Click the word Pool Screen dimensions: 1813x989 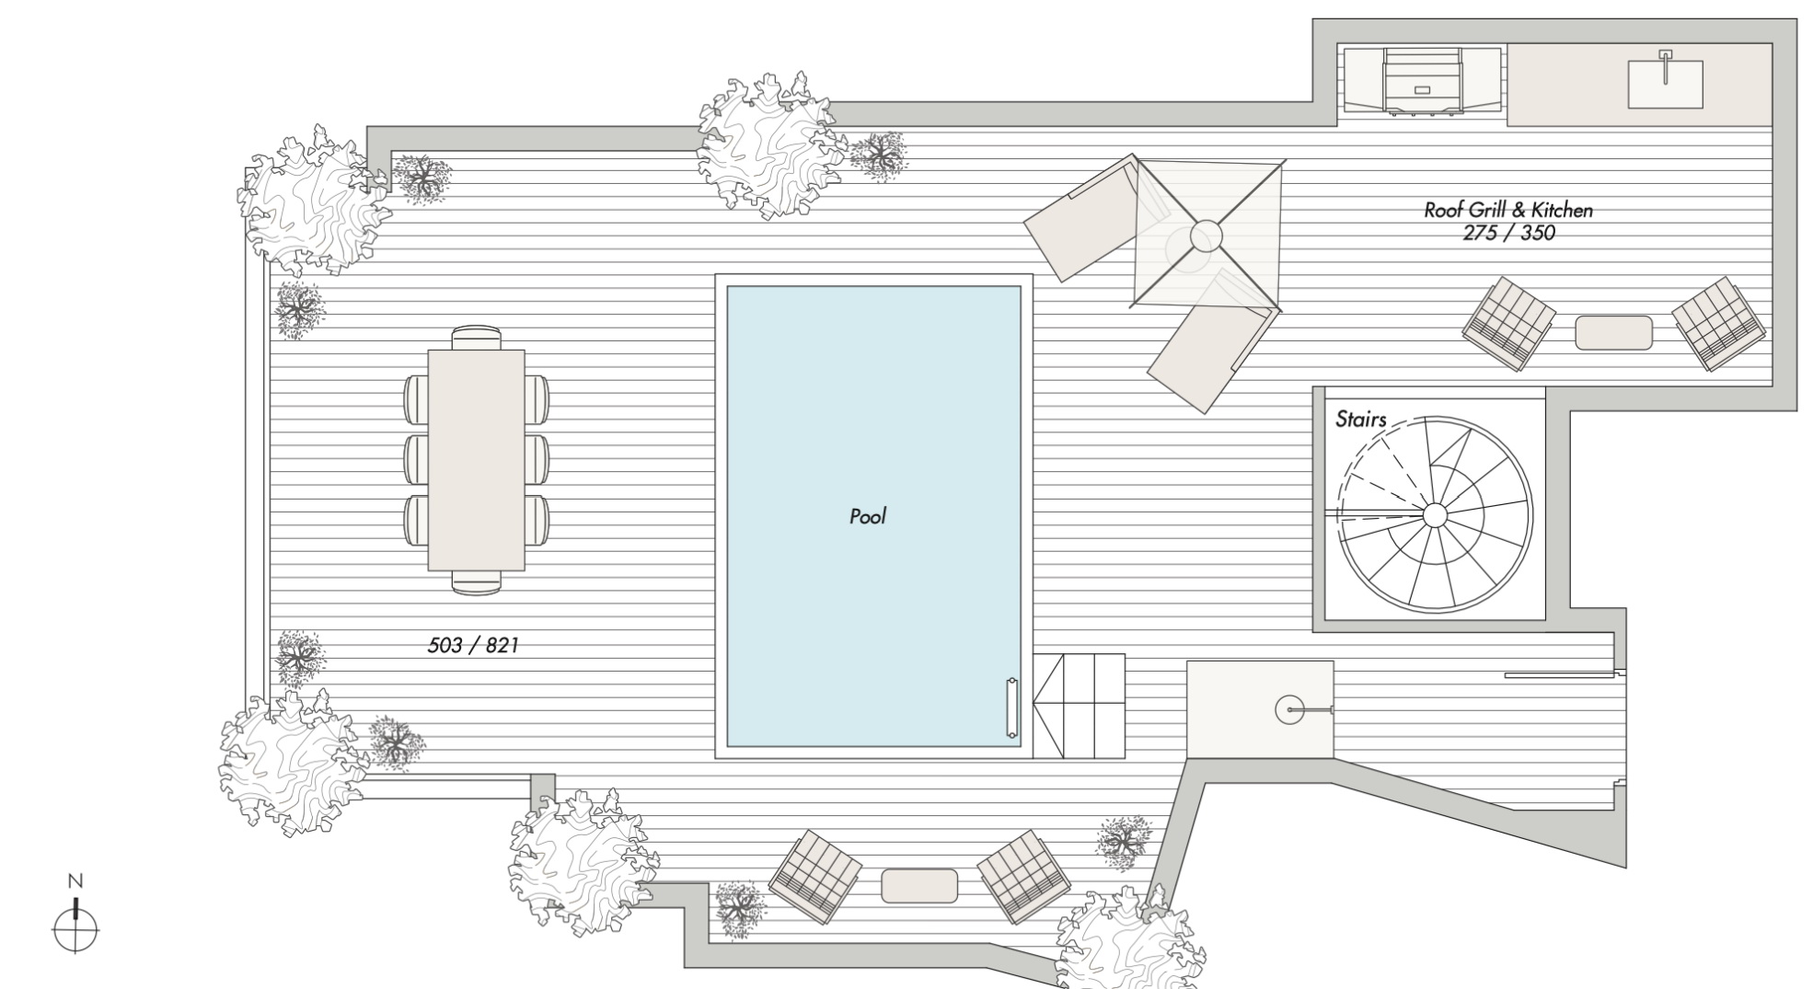click(868, 516)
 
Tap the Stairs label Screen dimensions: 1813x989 click(1360, 420)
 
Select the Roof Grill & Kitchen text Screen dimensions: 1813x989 click(1508, 210)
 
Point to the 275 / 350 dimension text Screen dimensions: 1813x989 click(1508, 233)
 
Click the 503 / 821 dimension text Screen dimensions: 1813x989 click(473, 646)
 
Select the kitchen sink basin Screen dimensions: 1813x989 click(1665, 84)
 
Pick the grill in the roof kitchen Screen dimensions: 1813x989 click(1422, 82)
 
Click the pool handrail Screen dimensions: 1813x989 click(1012, 708)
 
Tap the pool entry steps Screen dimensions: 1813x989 click(1079, 706)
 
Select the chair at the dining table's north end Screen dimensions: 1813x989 click(477, 338)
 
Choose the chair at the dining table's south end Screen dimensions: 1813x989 click(477, 582)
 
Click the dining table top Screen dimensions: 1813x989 click(477, 460)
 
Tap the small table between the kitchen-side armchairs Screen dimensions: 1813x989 click(1613, 333)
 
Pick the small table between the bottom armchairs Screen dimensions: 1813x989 click(919, 886)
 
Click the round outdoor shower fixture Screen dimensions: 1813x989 click(1288, 709)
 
